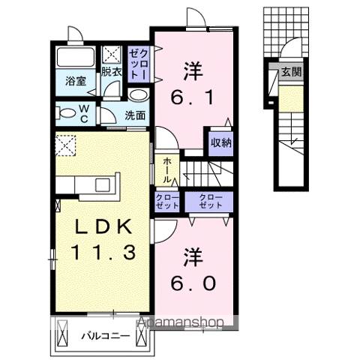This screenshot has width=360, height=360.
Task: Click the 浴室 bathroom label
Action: tap(73, 81)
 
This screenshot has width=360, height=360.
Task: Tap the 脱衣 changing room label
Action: tap(112, 72)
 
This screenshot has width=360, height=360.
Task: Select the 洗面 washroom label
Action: tap(135, 115)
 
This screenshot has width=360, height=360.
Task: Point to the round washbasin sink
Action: tap(137, 95)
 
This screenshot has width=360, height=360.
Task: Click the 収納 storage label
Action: tap(220, 142)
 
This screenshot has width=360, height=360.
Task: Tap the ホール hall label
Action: tap(166, 169)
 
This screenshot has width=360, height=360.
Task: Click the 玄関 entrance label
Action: tap(291, 73)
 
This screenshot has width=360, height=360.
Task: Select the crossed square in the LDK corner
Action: tap(66, 142)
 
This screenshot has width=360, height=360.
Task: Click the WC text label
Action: tap(84, 114)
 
